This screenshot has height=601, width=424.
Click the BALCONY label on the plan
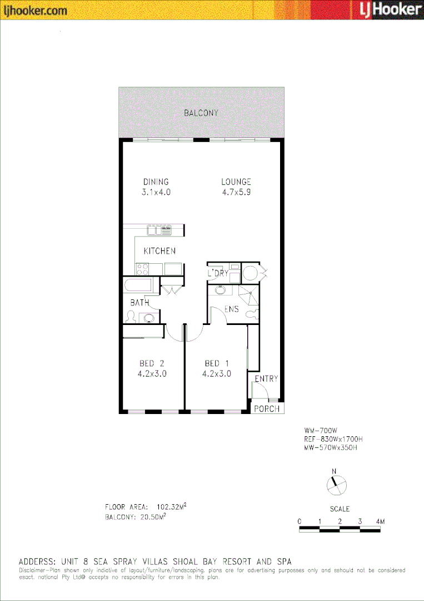(x=201, y=113)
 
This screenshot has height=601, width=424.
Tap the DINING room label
(x=156, y=181)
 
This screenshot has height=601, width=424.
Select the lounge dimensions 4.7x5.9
(x=236, y=192)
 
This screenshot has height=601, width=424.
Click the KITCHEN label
(x=159, y=251)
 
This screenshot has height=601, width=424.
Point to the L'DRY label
(x=218, y=273)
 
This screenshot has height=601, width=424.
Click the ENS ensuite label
(x=232, y=309)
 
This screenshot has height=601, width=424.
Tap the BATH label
(x=139, y=303)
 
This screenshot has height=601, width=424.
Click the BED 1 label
(x=216, y=363)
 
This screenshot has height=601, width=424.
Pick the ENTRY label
(x=266, y=379)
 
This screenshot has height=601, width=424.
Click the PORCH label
(x=267, y=409)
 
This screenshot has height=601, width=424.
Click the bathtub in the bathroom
(x=138, y=285)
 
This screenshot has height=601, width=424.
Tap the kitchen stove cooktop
(x=142, y=269)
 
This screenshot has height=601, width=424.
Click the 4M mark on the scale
(x=380, y=521)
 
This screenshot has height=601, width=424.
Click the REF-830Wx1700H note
(x=333, y=439)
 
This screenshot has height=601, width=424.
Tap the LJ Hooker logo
(x=388, y=10)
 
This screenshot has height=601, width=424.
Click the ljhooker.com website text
(x=36, y=10)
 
